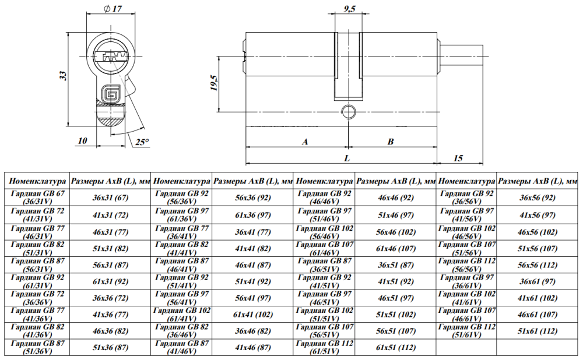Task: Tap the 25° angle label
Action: [x=142, y=142]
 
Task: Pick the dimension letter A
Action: [x=305, y=142]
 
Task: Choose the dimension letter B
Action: [x=391, y=142]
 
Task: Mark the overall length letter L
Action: [x=347, y=158]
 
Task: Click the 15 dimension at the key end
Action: [x=458, y=158]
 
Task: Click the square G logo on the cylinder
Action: [x=110, y=93]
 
